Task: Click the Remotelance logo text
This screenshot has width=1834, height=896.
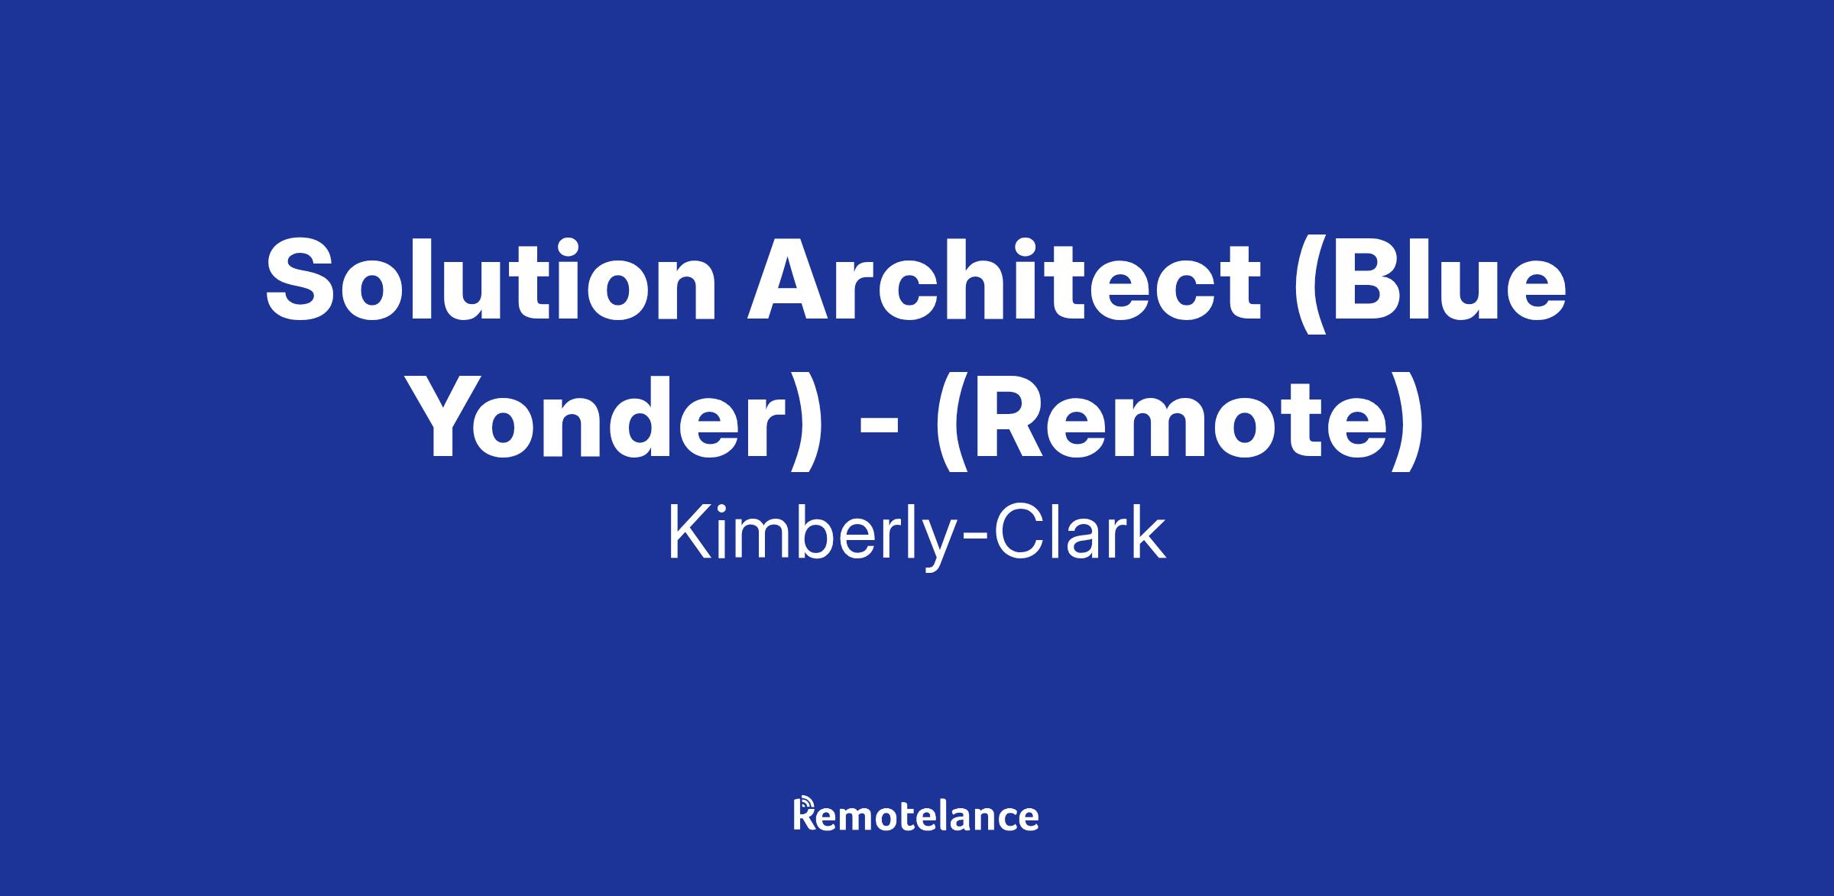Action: (x=916, y=814)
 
